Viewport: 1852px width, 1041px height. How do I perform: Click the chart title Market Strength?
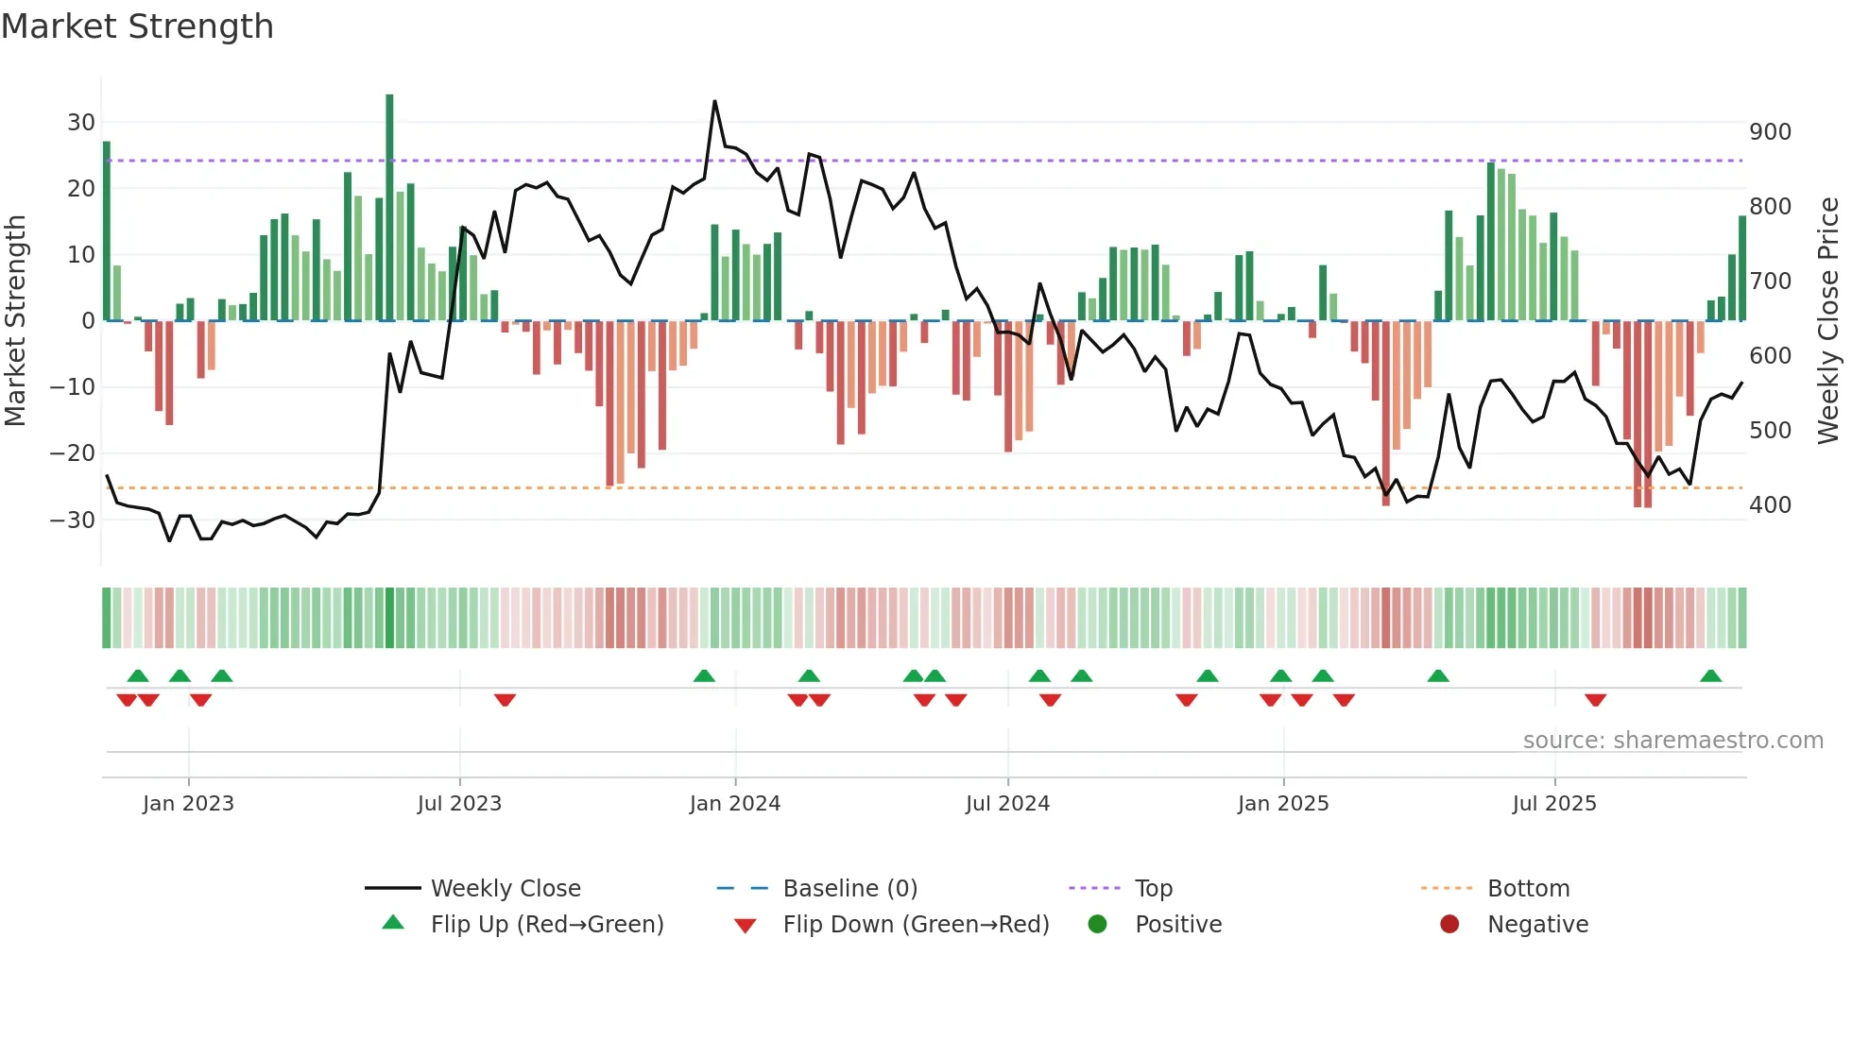click(x=137, y=26)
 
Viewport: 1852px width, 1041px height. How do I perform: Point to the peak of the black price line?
click(x=714, y=102)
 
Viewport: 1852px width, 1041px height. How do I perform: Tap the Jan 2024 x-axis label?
click(x=734, y=804)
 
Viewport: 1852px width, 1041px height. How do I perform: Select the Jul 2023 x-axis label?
click(x=459, y=804)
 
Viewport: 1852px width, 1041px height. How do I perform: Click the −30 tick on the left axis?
click(x=73, y=520)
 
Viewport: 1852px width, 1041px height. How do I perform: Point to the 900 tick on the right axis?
click(x=1770, y=132)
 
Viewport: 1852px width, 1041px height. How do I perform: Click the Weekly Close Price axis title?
click(x=1828, y=320)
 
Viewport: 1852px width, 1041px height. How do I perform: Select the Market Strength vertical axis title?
click(x=16, y=320)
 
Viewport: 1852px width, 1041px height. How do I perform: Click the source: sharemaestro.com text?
click(x=1672, y=741)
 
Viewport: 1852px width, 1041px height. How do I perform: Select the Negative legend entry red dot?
click(x=1449, y=924)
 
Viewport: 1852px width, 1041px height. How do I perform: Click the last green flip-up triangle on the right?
click(x=1710, y=676)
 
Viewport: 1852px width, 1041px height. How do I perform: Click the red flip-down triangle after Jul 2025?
click(x=1595, y=700)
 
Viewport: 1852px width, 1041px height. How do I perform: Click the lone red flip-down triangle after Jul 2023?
click(x=505, y=700)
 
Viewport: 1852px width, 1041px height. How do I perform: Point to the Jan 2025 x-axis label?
click(x=1282, y=804)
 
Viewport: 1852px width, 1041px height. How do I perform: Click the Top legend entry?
click(x=1153, y=889)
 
